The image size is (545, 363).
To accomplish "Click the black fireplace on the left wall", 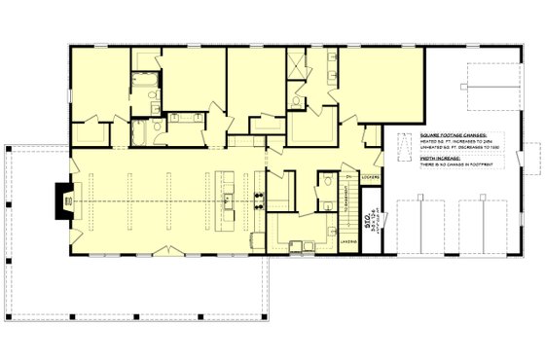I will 62,200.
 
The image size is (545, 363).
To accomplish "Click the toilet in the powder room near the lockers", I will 328,179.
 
